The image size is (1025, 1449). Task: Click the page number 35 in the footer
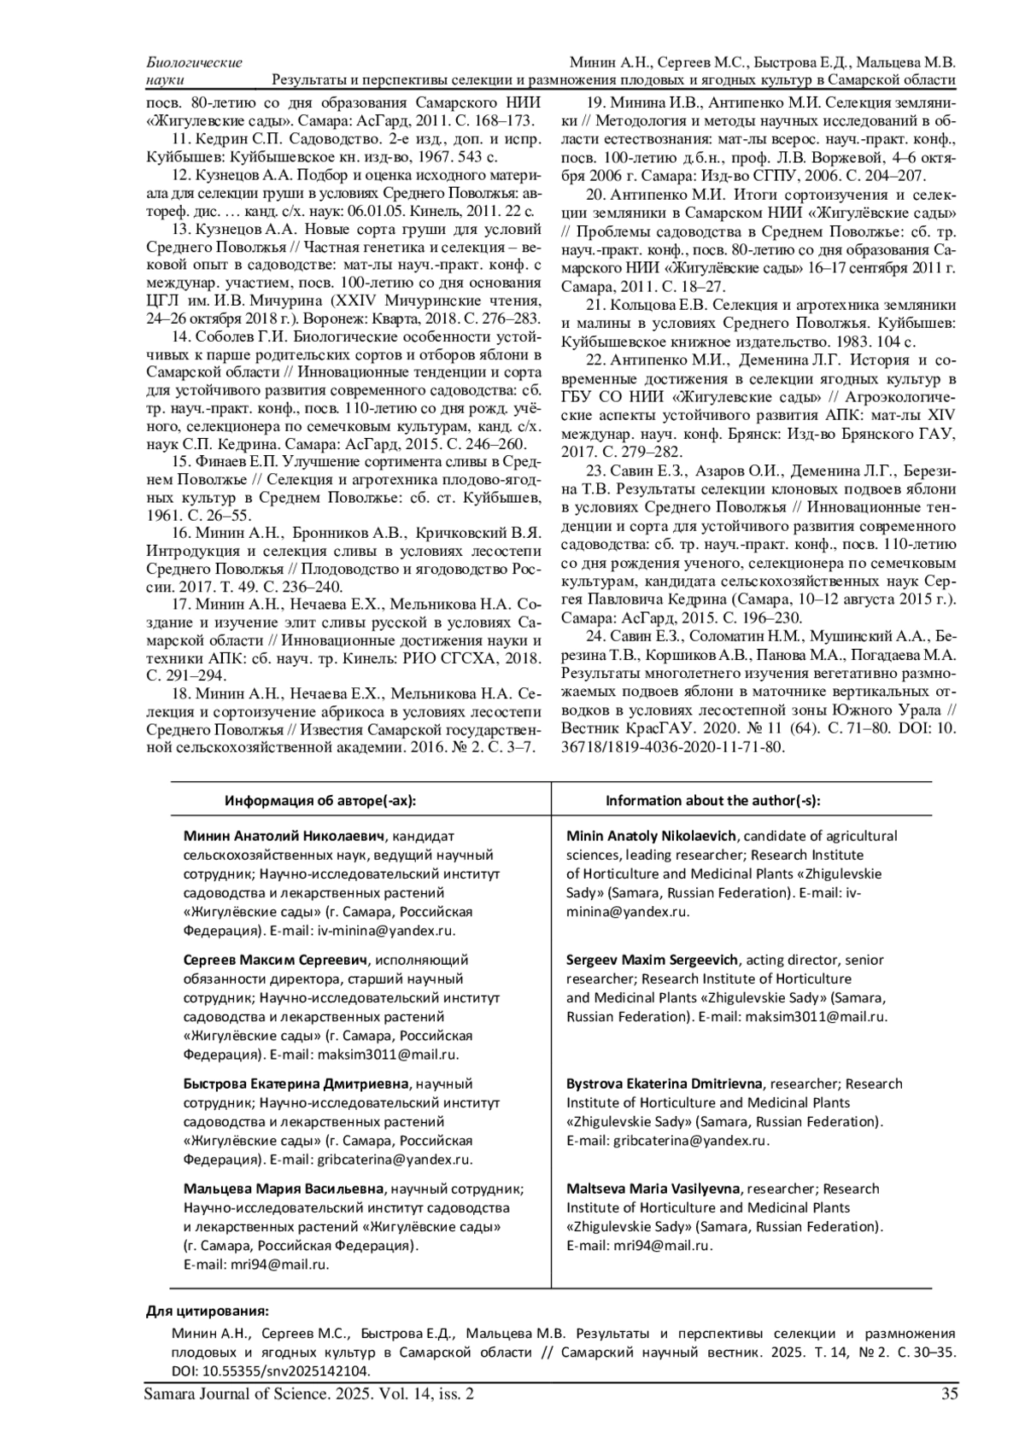[x=947, y=1394]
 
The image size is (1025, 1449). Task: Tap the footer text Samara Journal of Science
[x=238, y=1394]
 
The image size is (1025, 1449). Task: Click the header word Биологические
[x=194, y=62]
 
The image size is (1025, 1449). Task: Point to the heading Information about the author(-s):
[x=712, y=800]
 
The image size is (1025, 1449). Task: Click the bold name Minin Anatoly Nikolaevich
[x=652, y=836]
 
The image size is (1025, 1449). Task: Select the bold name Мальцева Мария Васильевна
[x=283, y=1189]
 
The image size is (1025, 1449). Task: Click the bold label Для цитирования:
[x=208, y=1312]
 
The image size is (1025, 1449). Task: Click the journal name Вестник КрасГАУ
[x=616, y=728]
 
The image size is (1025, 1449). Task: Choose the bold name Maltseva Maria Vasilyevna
[x=654, y=1189]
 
